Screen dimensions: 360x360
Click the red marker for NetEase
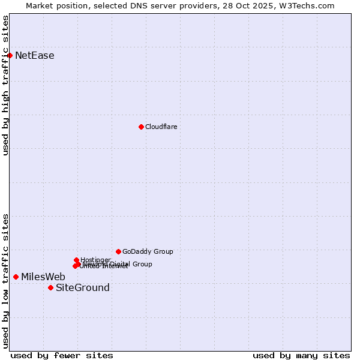pos(10,55)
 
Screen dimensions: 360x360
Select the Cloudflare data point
pos(141,127)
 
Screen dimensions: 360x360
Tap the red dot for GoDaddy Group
pos(118,251)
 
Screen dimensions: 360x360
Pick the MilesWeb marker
pos(16,277)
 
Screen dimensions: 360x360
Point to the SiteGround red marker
pos(50,287)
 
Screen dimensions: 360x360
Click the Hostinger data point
pos(76,260)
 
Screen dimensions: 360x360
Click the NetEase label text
pos(34,56)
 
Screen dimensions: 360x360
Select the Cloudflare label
pos(161,127)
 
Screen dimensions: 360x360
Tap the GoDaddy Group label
pos(148,251)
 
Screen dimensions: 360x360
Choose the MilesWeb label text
pos(43,277)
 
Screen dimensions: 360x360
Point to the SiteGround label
pos(82,288)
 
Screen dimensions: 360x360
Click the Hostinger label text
pos(95,260)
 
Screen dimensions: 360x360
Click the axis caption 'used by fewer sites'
pos(62,355)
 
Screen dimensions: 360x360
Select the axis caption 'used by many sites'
pos(301,355)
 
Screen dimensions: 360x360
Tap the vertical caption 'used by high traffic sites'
pos(5,85)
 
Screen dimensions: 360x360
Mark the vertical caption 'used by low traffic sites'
pos(5,281)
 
